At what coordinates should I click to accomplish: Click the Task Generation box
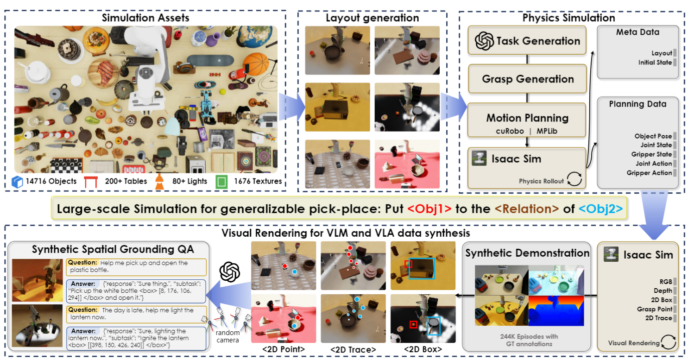527,41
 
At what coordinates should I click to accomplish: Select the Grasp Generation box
527,79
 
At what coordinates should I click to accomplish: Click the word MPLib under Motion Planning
547,131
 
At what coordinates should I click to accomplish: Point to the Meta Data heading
638,32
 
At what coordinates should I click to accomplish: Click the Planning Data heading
638,104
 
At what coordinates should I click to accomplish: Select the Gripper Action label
649,173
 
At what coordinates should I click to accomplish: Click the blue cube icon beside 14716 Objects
17,181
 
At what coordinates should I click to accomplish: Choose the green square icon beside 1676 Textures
222,181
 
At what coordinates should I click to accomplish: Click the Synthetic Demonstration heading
527,253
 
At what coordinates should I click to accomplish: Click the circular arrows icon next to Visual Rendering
668,343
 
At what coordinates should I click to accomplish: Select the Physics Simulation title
568,18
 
